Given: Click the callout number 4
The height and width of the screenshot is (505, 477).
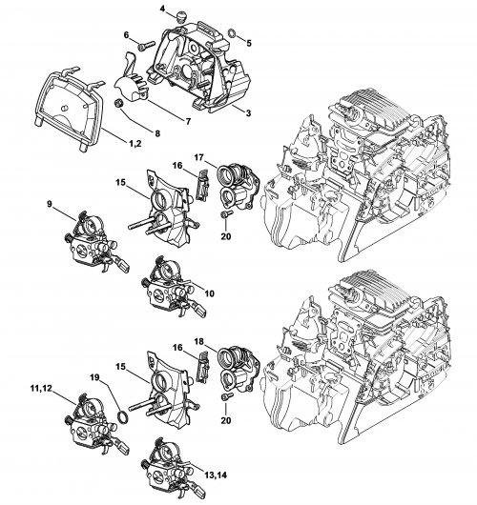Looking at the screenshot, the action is tap(162, 9).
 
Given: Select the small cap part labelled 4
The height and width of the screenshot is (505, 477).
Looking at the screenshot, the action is tap(182, 16).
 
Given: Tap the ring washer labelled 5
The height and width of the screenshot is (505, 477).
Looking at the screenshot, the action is tap(232, 32).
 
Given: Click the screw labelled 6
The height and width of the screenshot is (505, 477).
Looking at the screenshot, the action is tap(145, 46).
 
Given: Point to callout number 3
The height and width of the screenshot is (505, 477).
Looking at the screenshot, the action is tap(248, 113).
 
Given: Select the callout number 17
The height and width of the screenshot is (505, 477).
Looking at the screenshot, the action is tap(199, 157).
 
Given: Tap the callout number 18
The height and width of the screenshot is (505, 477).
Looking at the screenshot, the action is tap(199, 341).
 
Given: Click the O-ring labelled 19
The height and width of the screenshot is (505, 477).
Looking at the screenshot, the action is tap(123, 416).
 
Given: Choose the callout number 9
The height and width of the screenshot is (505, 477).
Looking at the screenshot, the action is tap(50, 204).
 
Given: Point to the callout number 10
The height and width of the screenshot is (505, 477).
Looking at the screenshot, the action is tap(209, 293).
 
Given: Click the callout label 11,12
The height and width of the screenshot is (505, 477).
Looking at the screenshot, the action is tap(41, 389).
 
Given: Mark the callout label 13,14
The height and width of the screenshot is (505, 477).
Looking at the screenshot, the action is tap(216, 475).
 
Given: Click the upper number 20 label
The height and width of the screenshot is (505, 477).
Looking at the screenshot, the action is tap(226, 236).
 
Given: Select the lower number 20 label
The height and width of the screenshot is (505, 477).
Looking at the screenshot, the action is tap(226, 420).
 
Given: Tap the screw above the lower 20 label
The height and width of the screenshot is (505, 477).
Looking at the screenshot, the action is tap(227, 397).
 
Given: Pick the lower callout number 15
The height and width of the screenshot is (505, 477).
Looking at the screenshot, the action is tap(120, 367).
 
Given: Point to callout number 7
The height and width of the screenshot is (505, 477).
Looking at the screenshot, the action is tap(188, 121).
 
